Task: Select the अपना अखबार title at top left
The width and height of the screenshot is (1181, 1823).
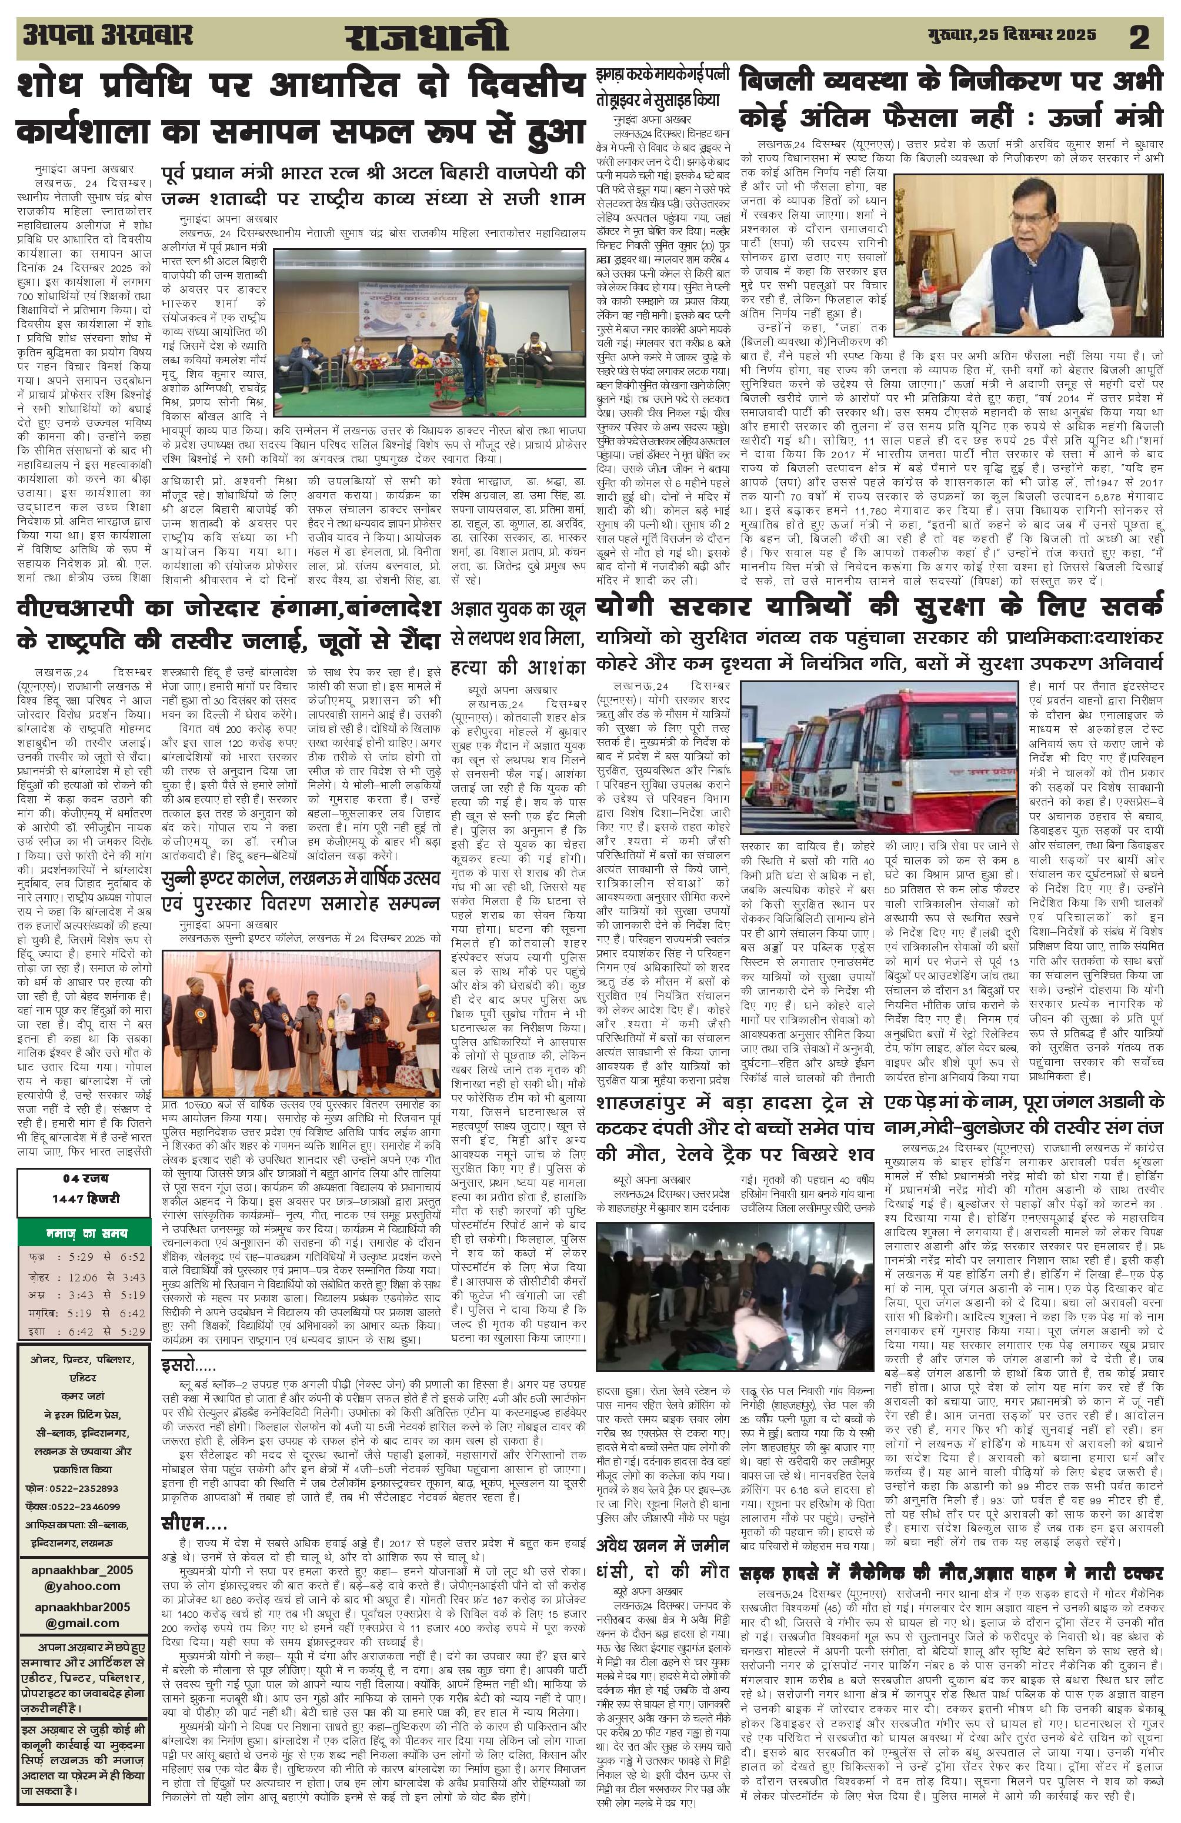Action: click(x=106, y=35)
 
